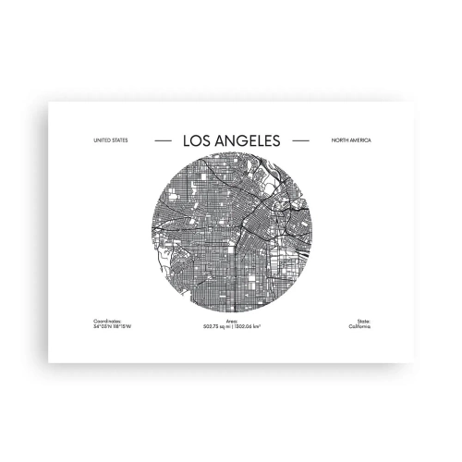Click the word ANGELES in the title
(247, 140)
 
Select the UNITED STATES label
(111, 140)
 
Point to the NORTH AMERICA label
(349, 140)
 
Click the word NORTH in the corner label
(339, 140)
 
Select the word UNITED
(103, 140)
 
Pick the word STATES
(119, 140)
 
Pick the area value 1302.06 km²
(247, 326)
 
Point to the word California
(359, 326)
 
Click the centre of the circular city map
(231, 235)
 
